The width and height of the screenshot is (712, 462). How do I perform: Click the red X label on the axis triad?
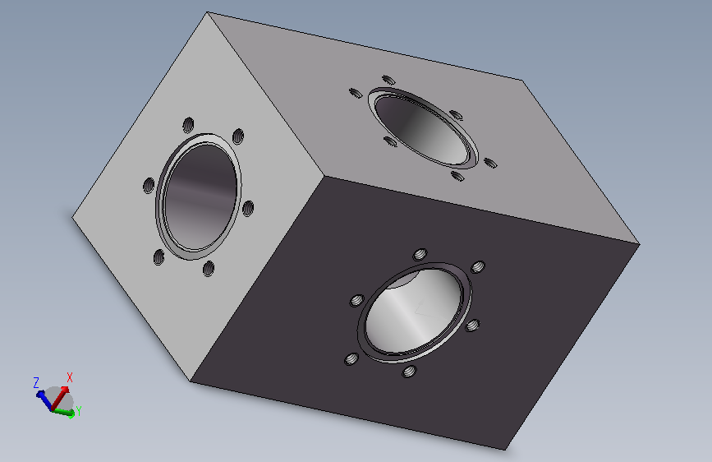70,377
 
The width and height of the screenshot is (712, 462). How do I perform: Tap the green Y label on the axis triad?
79,410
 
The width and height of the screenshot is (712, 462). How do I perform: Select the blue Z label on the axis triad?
36,382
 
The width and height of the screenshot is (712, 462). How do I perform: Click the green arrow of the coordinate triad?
64,412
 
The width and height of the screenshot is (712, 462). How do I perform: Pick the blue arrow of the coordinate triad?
44,400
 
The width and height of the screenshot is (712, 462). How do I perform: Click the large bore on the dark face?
415,312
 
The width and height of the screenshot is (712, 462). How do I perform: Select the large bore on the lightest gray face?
199,196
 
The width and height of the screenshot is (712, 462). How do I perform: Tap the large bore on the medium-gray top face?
423,127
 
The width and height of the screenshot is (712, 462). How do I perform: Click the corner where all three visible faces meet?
324,176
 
